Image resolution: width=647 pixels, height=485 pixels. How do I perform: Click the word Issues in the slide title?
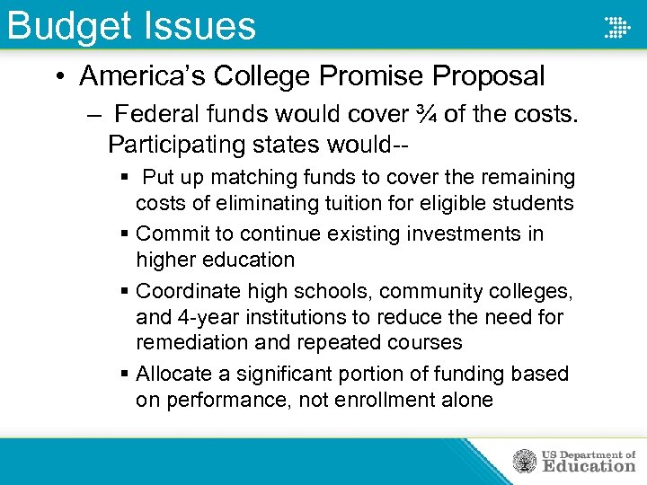[199, 25]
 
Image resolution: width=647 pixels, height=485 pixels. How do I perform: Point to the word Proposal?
[491, 76]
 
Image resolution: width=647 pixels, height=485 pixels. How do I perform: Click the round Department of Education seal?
[524, 462]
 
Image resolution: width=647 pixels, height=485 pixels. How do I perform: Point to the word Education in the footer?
[589, 466]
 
